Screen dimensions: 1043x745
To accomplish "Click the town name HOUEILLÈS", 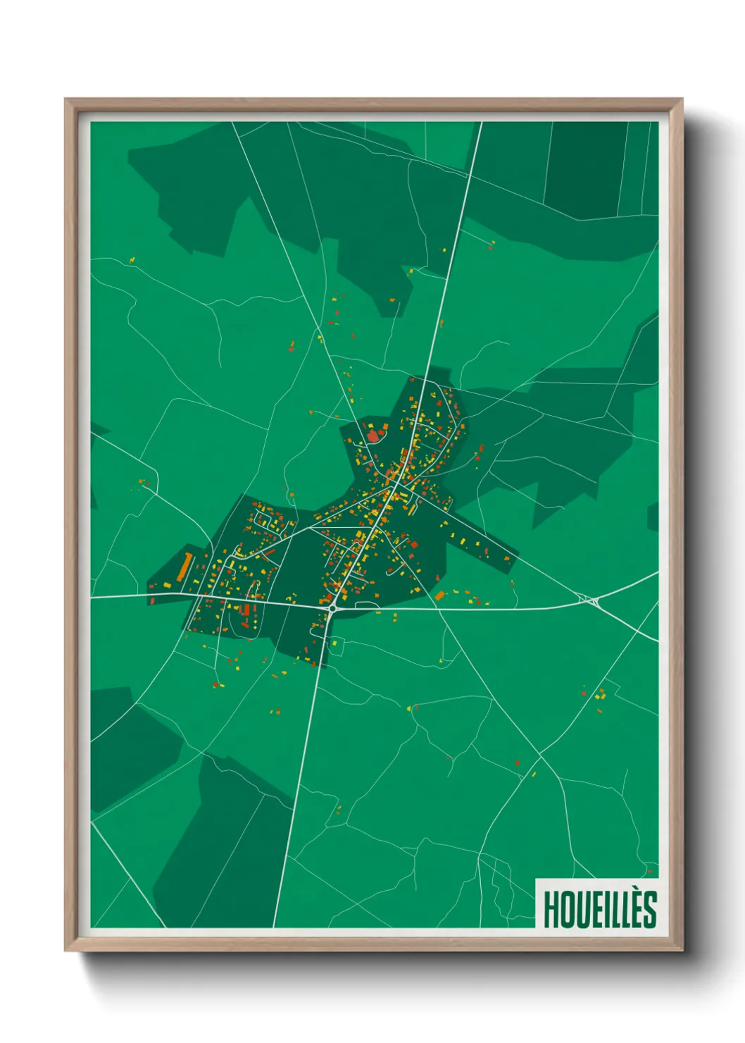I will coord(600,909).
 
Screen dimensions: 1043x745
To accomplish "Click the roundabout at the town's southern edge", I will coord(332,608).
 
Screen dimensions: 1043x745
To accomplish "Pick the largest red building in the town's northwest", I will coord(372,436).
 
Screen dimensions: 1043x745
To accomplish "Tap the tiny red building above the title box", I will coord(649,872).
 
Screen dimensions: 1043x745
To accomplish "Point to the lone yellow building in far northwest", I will coord(132,261).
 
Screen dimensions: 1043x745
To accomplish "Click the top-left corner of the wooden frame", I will coord(65,99).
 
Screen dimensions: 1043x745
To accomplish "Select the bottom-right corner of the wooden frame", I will coord(682,951).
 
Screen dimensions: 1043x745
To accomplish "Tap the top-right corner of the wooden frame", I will coord(682,99).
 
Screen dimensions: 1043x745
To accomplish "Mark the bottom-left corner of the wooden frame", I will coord(65,951).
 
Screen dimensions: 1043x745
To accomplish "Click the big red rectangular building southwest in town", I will coord(245,610).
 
